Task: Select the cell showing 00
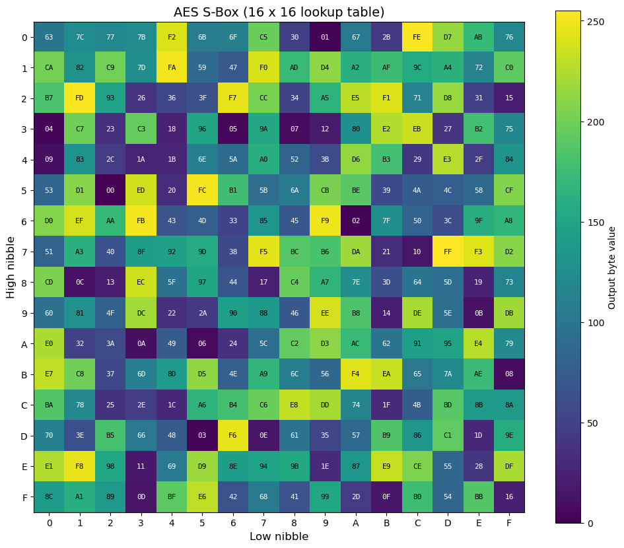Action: tap(110, 190)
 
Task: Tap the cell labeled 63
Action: tap(49, 37)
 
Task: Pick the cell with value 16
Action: tap(509, 497)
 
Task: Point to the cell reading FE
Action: tap(417, 37)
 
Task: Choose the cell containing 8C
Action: tap(49, 497)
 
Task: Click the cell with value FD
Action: tap(80, 98)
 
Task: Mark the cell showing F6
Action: tap(233, 435)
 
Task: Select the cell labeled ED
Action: tap(141, 190)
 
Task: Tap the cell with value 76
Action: tap(509, 37)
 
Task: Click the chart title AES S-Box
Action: tap(279, 12)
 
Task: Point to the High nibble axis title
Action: tap(11, 267)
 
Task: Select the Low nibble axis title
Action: tap(279, 537)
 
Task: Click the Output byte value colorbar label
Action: tap(612, 267)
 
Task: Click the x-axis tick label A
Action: tap(356, 523)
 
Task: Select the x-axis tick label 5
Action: tap(202, 523)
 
